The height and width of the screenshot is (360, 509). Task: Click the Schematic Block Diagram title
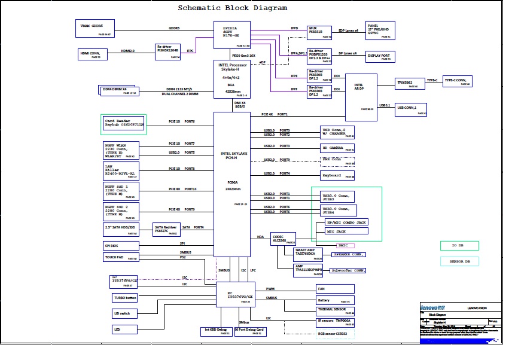[233, 8]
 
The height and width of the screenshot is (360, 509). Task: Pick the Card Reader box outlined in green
[124, 124]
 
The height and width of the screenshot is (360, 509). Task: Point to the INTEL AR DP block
[361, 97]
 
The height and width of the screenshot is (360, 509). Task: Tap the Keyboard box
[338, 175]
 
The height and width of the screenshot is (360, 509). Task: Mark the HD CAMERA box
[338, 147]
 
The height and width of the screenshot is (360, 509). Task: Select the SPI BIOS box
[121, 245]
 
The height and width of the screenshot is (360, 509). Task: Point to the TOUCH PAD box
[121, 257]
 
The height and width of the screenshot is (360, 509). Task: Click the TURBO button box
[125, 297]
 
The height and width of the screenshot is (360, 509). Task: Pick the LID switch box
[125, 313]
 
